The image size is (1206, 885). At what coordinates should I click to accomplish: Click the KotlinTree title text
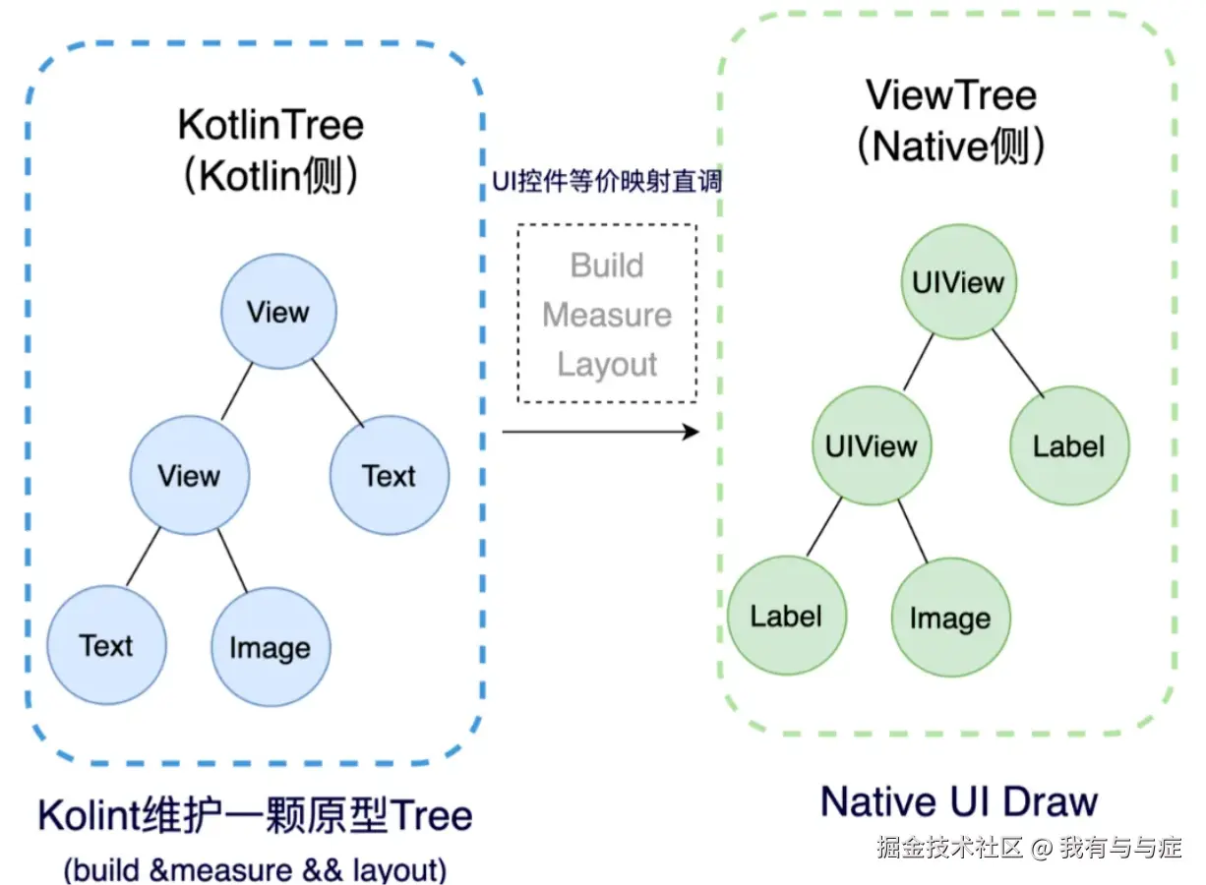tap(271, 125)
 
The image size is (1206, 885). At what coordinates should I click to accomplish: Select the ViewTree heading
tap(951, 95)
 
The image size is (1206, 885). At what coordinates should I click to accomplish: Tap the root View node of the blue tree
tap(279, 312)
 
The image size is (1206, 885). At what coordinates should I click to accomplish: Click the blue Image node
tap(271, 647)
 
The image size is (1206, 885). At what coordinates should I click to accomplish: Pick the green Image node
tap(951, 618)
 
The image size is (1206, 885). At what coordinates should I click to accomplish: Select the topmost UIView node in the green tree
tap(959, 282)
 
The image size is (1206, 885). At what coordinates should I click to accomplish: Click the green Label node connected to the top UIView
tap(1069, 445)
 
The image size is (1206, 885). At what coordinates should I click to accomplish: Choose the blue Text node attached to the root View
tap(390, 475)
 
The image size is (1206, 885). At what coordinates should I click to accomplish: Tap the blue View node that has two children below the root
tap(190, 475)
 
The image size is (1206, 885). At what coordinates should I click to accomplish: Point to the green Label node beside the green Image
tap(787, 616)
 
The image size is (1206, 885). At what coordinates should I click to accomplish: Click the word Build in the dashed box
tap(607, 265)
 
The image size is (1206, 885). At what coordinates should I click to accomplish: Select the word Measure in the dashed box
tap(607, 315)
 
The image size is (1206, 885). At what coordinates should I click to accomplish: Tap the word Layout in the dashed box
tap(607, 365)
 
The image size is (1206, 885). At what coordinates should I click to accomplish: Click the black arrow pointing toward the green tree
tap(600, 432)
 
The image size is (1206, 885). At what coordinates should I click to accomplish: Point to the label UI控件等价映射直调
tap(607, 181)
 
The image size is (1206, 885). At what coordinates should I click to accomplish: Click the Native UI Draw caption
tap(959, 802)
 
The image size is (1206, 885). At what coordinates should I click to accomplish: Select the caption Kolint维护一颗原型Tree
tap(255, 815)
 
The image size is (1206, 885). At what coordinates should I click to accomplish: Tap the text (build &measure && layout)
tap(255, 868)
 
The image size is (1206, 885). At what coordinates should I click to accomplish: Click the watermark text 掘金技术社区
tap(949, 848)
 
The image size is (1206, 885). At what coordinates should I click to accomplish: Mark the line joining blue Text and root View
tap(338, 393)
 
